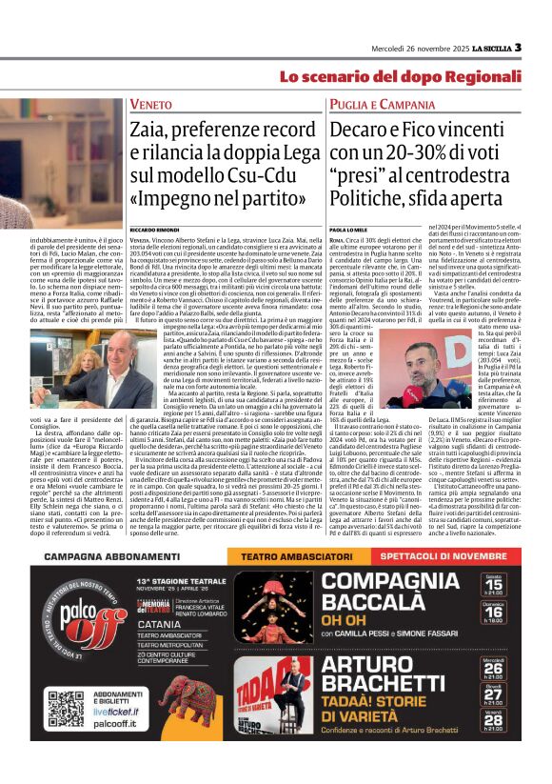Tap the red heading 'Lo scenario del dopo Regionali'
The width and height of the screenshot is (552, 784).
[x=400, y=76]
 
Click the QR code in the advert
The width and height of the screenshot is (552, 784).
[x=66, y=709]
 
